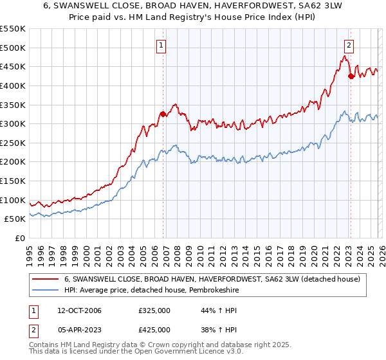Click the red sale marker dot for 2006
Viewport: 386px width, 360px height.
[163, 114]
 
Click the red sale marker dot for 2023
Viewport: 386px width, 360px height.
[351, 76]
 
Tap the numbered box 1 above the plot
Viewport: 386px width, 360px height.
[160, 45]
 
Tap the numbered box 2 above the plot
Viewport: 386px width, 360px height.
[348, 45]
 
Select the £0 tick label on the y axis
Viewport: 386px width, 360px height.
[21, 238]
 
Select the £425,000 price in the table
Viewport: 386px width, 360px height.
[154, 329]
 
